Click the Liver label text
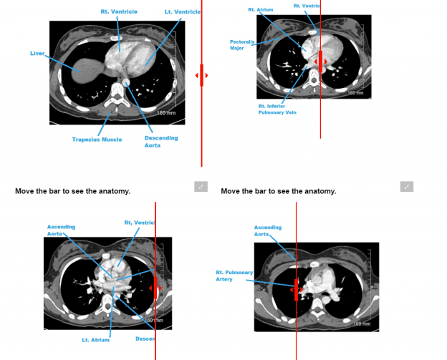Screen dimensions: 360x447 [x=37, y=53]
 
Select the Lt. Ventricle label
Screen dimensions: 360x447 [x=182, y=11]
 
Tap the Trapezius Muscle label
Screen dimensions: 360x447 [x=97, y=140]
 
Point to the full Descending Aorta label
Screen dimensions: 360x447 [x=160, y=142]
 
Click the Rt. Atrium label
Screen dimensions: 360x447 [x=261, y=10]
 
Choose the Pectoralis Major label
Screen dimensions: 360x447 [x=241, y=45]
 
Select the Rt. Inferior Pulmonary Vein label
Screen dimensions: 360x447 [x=277, y=109]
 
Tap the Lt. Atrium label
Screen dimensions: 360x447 [x=95, y=340]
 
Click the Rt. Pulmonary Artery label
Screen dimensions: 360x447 [x=234, y=276]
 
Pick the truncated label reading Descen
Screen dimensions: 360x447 [x=145, y=339]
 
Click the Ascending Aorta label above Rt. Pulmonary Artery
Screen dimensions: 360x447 [x=267, y=230]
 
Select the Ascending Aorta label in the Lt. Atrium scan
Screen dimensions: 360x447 [x=61, y=230]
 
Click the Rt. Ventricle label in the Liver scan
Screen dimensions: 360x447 [x=119, y=11]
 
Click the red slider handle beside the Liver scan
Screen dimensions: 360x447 [x=202, y=75]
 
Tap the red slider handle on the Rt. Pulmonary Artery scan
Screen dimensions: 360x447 [x=296, y=290]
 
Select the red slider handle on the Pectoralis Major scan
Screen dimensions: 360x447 [x=320, y=62]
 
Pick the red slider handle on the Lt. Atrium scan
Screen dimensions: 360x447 [x=155, y=289]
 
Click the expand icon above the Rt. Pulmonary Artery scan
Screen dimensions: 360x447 [x=407, y=187]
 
